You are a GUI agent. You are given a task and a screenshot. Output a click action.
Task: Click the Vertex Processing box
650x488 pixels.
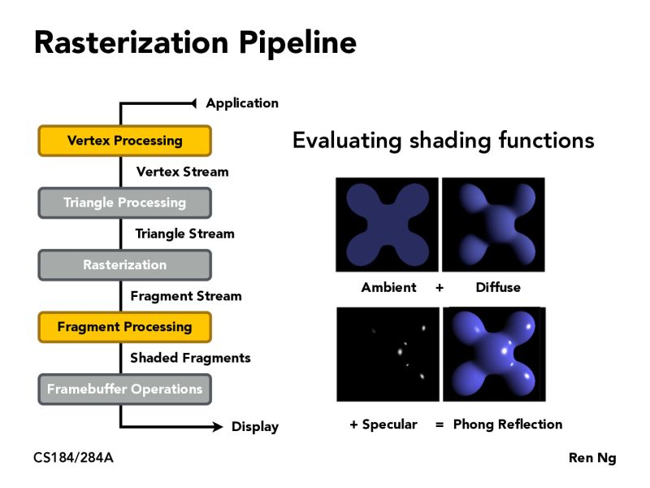124,141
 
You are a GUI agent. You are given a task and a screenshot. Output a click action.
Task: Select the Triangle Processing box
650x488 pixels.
124,203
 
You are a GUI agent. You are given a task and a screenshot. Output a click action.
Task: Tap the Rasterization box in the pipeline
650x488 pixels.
124,265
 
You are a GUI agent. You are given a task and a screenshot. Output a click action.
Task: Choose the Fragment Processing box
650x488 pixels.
124,327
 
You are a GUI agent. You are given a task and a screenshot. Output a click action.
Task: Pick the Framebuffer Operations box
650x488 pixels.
124,389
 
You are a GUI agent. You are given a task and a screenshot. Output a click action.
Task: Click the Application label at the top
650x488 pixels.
241,103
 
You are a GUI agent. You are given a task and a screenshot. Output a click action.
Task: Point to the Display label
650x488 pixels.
254,426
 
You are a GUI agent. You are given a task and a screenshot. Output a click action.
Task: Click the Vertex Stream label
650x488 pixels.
182,172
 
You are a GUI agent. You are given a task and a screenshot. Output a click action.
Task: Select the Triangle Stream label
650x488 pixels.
184,233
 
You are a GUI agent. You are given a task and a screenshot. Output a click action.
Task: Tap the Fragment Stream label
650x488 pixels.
186,296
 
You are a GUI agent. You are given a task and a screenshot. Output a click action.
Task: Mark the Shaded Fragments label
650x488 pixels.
190,358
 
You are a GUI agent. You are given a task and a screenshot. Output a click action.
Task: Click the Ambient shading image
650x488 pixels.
387,224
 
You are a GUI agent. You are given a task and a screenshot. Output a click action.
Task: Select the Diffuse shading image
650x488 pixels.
492,224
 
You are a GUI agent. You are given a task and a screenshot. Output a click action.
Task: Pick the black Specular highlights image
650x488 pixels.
387,354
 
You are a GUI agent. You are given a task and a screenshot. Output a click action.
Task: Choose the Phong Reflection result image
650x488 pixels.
492,354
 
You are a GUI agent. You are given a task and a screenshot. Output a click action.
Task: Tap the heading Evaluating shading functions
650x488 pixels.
443,141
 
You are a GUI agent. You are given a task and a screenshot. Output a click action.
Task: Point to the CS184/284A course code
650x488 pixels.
73,458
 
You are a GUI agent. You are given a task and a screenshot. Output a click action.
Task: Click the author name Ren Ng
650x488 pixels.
591,458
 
